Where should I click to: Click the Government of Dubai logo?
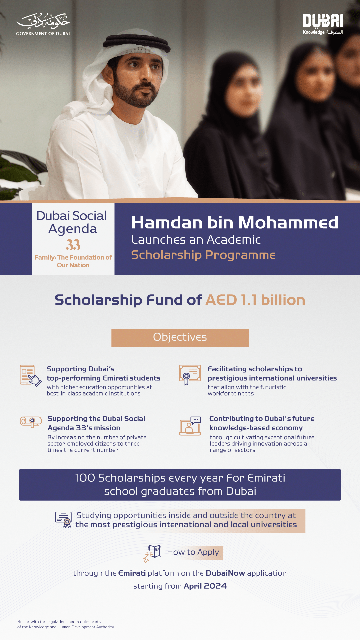[43, 24]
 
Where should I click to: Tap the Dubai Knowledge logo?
[323, 24]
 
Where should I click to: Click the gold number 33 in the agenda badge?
[73, 245]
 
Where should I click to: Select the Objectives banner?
[180, 338]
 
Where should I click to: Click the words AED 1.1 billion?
[255, 300]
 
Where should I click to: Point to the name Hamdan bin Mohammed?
[235, 223]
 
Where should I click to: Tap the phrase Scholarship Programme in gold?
[203, 255]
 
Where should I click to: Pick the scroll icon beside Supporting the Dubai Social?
[31, 422]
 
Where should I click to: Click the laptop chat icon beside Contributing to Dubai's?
[190, 426]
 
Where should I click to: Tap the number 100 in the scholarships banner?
[85, 478]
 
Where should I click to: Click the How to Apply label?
[193, 552]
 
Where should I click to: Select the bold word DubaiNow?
[225, 573]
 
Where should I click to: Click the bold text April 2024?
[205, 586]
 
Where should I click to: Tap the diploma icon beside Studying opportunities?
[64, 519]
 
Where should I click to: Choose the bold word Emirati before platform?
[132, 573]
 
